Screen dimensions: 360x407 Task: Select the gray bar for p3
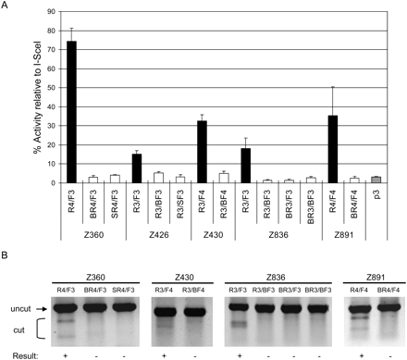pyautogui.click(x=387, y=180)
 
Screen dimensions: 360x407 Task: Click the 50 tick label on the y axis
pyautogui.click(x=46, y=95)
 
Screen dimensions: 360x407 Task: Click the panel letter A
pyautogui.click(x=6, y=6)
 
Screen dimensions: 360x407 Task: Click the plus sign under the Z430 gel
pyautogui.click(x=172, y=354)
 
